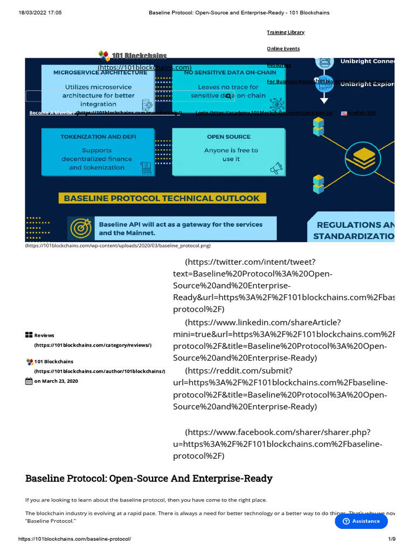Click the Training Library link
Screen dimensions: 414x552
tap(286, 32)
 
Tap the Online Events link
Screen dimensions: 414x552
tap(284, 49)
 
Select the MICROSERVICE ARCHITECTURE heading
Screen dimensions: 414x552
tap(100, 72)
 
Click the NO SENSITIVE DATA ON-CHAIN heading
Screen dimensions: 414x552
tap(230, 72)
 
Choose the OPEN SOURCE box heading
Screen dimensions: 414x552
tap(229, 137)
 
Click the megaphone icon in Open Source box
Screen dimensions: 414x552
tap(277, 168)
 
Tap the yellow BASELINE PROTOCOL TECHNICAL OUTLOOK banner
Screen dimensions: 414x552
tap(162, 198)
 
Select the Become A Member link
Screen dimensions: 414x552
tap(52, 113)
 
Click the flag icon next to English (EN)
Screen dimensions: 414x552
tap(344, 113)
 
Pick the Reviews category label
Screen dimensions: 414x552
tap(44, 335)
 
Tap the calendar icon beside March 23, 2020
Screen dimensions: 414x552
tap(29, 382)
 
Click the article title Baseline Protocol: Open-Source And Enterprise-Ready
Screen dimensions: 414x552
tap(149, 478)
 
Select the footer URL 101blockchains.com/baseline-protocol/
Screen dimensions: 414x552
tap(74, 539)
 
